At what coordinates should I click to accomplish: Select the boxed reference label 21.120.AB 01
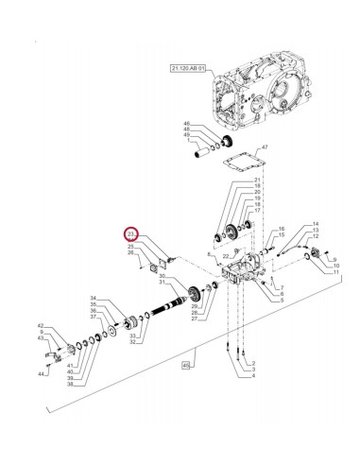coord(188,69)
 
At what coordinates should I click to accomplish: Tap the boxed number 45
coord(187,365)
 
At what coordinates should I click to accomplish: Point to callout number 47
coord(266,148)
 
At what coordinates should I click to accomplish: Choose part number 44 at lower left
coord(43,374)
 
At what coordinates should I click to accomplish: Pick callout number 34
coord(93,298)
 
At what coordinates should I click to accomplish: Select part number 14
coord(315,224)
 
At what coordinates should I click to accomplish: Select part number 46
coord(187,124)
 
